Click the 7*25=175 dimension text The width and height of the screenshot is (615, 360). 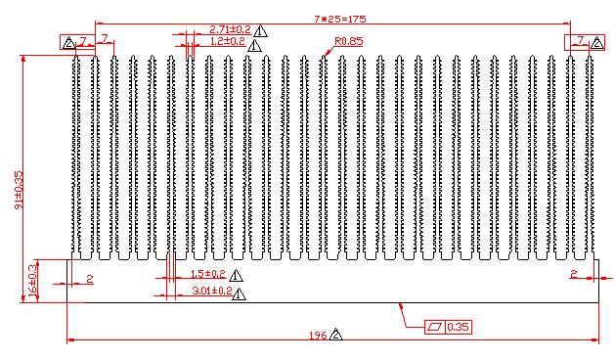coord(340,19)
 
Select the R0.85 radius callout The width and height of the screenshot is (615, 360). coord(349,41)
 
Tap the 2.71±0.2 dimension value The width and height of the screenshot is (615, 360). coord(230,29)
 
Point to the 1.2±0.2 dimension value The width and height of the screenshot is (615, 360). coord(228,41)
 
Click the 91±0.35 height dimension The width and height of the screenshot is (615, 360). coord(20,190)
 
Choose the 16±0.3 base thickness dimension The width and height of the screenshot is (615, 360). coord(33,280)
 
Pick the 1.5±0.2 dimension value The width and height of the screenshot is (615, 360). coord(208,274)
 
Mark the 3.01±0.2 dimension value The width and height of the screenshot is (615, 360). coord(212,291)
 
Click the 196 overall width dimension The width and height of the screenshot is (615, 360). coord(318,336)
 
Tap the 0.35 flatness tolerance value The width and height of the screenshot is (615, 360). coord(459,327)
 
